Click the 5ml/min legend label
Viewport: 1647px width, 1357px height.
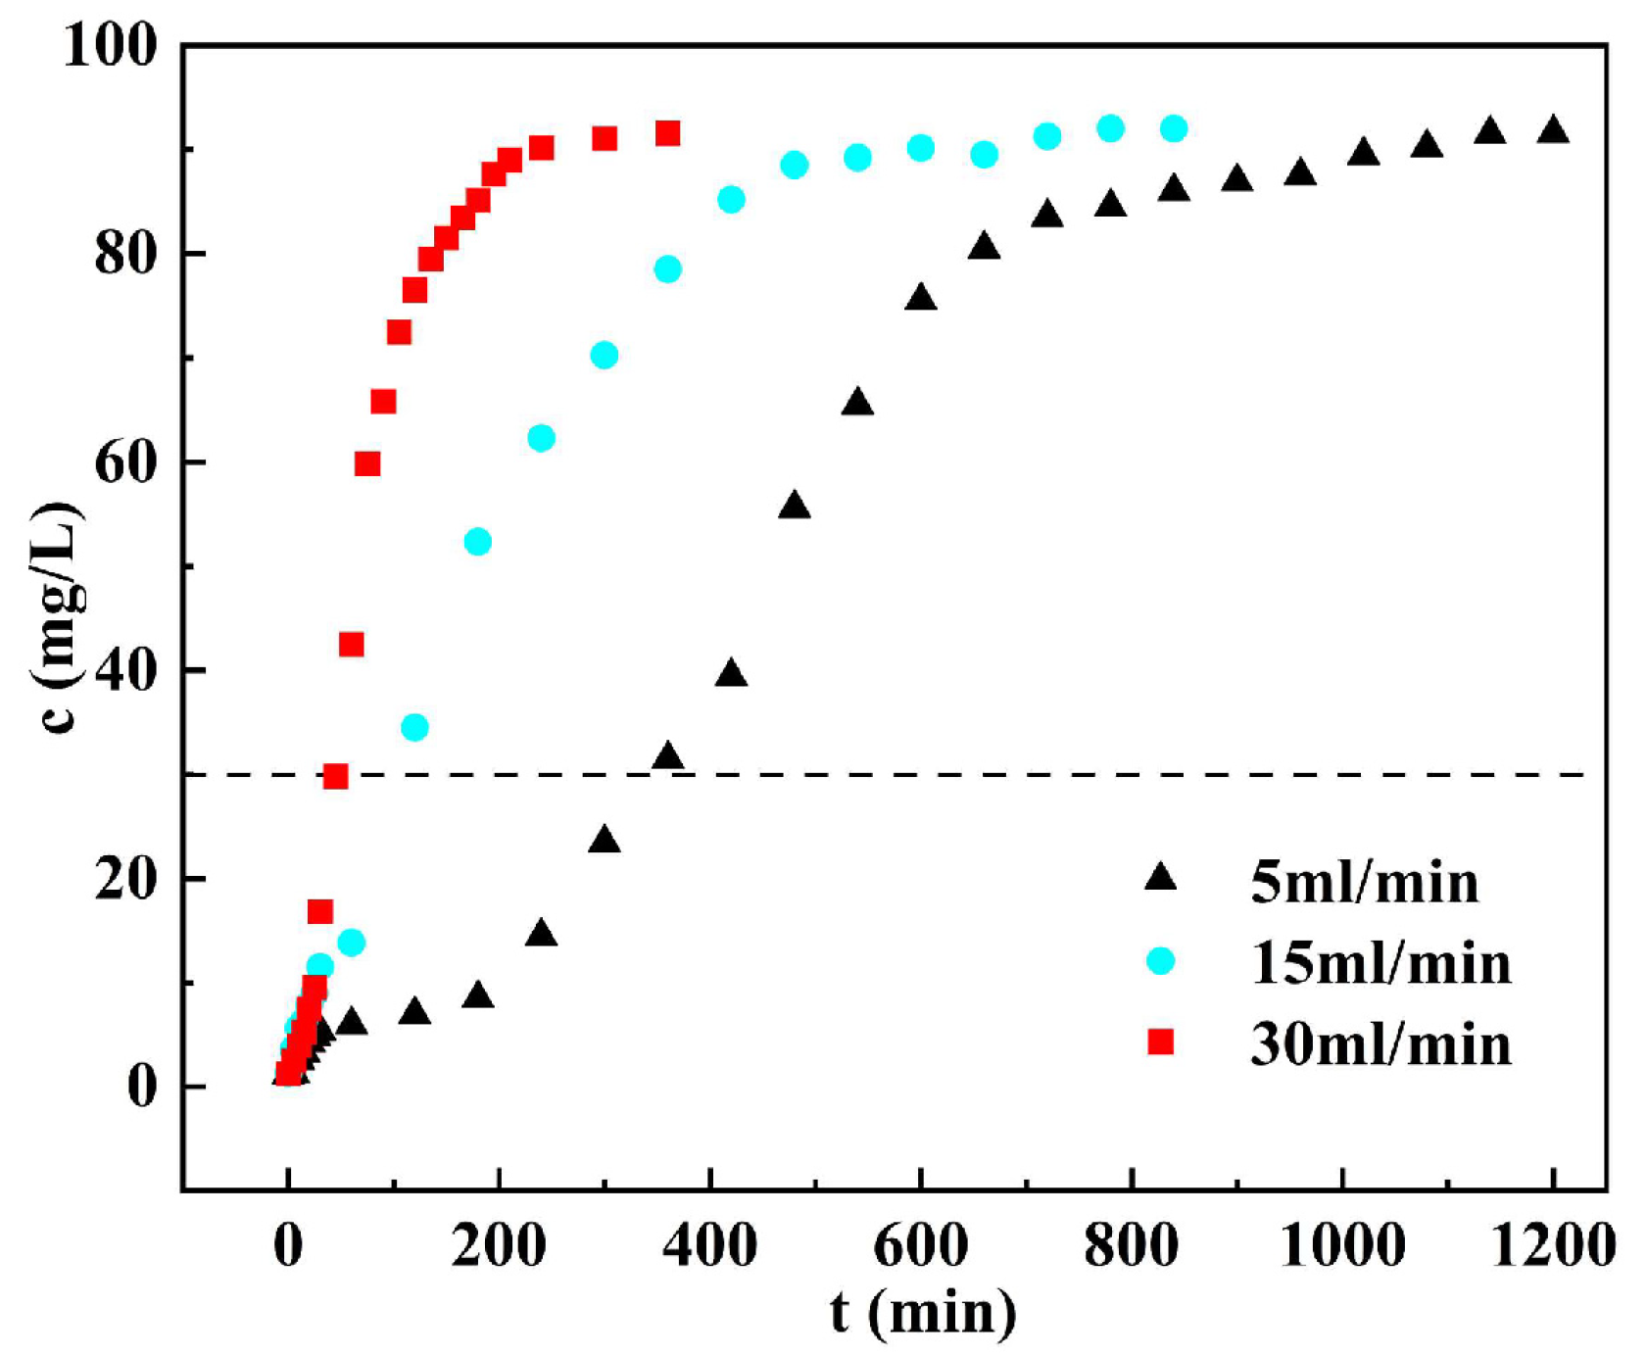tap(1364, 882)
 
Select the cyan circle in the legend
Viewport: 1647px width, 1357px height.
tap(1160, 961)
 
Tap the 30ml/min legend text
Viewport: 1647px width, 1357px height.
tap(1381, 1044)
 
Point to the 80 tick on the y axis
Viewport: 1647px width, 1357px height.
tap(125, 254)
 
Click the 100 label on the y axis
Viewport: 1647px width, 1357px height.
tap(110, 45)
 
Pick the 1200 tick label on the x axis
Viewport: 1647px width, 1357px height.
tap(1552, 1246)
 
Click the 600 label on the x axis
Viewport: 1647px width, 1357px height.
tap(920, 1246)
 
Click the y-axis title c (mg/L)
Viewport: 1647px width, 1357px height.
tap(57, 617)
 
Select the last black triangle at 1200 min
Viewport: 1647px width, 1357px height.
tap(1553, 130)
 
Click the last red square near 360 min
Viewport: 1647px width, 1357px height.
tap(667, 133)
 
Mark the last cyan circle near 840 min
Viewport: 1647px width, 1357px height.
tap(1174, 128)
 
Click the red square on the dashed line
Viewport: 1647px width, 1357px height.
tap(335, 777)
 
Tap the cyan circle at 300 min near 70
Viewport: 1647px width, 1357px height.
tap(605, 355)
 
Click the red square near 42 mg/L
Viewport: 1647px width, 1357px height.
tap(351, 644)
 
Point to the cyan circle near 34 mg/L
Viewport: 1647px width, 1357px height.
tap(414, 727)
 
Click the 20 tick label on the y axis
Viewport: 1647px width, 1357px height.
tap(125, 879)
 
